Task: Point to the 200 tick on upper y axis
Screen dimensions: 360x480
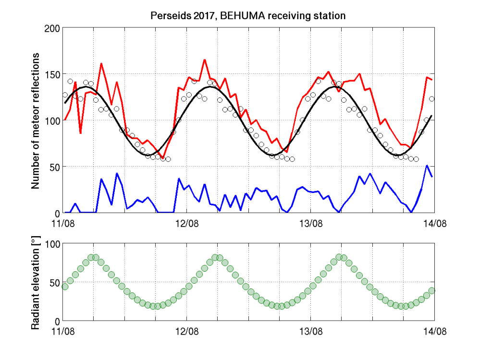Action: pyautogui.click(x=52, y=28)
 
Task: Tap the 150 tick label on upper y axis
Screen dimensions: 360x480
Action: pyautogui.click(x=52, y=74)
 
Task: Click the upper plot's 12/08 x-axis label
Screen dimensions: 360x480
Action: pyautogui.click(x=187, y=223)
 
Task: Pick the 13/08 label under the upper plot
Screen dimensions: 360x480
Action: pyautogui.click(x=310, y=223)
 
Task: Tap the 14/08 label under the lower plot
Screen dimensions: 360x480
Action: pyautogui.click(x=434, y=331)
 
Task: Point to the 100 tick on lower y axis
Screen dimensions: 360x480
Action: pyautogui.click(x=52, y=244)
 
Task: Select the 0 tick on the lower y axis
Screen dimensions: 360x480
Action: pyautogui.click(x=57, y=321)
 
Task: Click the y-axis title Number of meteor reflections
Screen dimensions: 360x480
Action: pyautogui.click(x=36, y=120)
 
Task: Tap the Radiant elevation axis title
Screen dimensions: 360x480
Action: pyautogui.click(x=36, y=282)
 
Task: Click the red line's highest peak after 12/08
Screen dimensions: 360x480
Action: pyautogui.click(x=204, y=60)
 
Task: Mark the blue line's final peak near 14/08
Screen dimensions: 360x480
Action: pyautogui.click(x=427, y=166)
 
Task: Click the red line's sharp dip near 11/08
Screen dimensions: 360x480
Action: pyautogui.click(x=80, y=132)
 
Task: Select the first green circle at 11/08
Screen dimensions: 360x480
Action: pyautogui.click(x=65, y=287)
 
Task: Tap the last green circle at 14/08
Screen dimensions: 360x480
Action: pyautogui.click(x=432, y=290)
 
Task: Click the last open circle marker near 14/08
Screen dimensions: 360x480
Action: pyautogui.click(x=432, y=99)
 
